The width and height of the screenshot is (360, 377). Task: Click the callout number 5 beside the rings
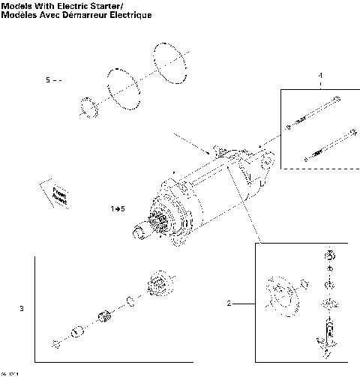point(48,79)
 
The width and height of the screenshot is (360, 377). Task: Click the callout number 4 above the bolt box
point(320,76)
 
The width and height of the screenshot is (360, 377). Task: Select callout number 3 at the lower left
point(22,308)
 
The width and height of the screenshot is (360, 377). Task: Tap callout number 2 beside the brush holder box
point(229,304)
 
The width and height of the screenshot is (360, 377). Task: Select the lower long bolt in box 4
point(329,146)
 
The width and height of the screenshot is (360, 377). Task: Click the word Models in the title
point(17,6)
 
